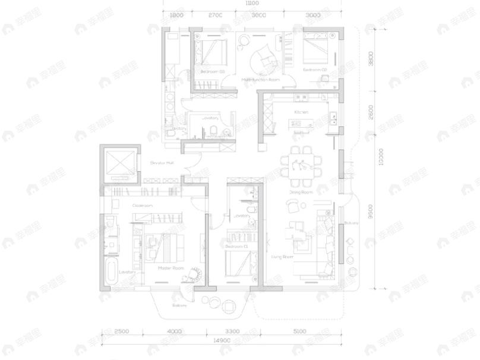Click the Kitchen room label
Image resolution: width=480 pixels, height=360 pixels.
coord(301,112)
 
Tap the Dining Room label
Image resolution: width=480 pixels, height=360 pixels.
coord(301,192)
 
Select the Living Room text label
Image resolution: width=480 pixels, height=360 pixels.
coord(283,257)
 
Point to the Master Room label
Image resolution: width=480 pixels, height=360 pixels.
coord(170,268)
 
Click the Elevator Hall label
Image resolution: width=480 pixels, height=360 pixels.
coord(162,162)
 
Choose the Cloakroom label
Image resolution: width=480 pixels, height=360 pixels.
coord(143,206)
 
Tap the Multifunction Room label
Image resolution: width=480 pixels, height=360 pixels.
coord(260,79)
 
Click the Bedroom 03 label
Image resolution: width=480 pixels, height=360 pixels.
coord(212,71)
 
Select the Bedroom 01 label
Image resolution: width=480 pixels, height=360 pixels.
coord(236,245)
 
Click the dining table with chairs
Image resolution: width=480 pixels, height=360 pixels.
coord(303,166)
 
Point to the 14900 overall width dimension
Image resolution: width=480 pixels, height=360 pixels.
coord(221,340)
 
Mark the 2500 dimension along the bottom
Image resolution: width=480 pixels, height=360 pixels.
coord(122,331)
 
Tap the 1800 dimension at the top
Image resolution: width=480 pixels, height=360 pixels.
coord(176,15)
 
